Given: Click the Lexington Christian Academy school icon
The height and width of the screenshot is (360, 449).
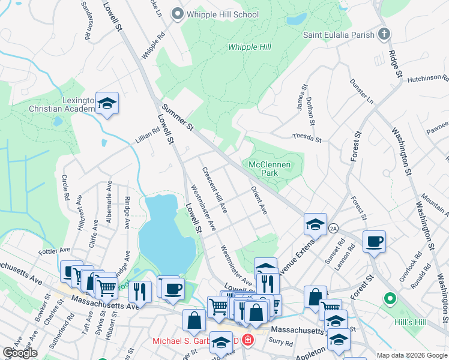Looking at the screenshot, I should pyautogui.click(x=107, y=103).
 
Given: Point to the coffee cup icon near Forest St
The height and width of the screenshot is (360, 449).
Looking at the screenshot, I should pyautogui.click(x=374, y=242).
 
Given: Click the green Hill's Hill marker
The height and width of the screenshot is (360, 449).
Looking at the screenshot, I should pyautogui.click(x=390, y=298).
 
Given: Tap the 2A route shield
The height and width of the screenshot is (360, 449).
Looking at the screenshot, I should pyautogui.click(x=333, y=228).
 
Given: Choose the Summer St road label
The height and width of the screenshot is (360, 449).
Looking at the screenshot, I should pyautogui.click(x=178, y=118).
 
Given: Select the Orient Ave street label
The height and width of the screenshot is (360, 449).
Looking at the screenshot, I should pyautogui.click(x=259, y=199).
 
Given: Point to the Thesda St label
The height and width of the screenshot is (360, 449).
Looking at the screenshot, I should pyautogui.click(x=307, y=137).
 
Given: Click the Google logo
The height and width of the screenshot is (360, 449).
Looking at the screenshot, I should pyautogui.click(x=20, y=353).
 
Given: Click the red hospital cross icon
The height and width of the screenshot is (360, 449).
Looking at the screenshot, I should pyautogui.click(x=247, y=340).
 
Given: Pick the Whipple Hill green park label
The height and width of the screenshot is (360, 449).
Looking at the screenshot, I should pyautogui.click(x=251, y=47).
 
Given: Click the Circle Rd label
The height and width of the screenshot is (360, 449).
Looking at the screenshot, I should pyautogui.click(x=65, y=188).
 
